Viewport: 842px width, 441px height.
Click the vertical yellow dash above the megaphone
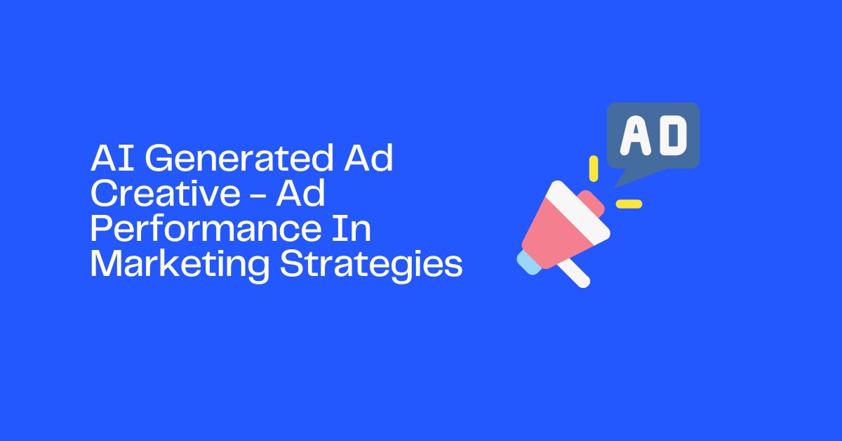pyautogui.click(x=594, y=168)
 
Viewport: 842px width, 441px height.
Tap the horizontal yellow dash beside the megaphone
pyautogui.click(x=629, y=204)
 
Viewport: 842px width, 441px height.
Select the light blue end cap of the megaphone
pyautogui.click(x=528, y=262)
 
